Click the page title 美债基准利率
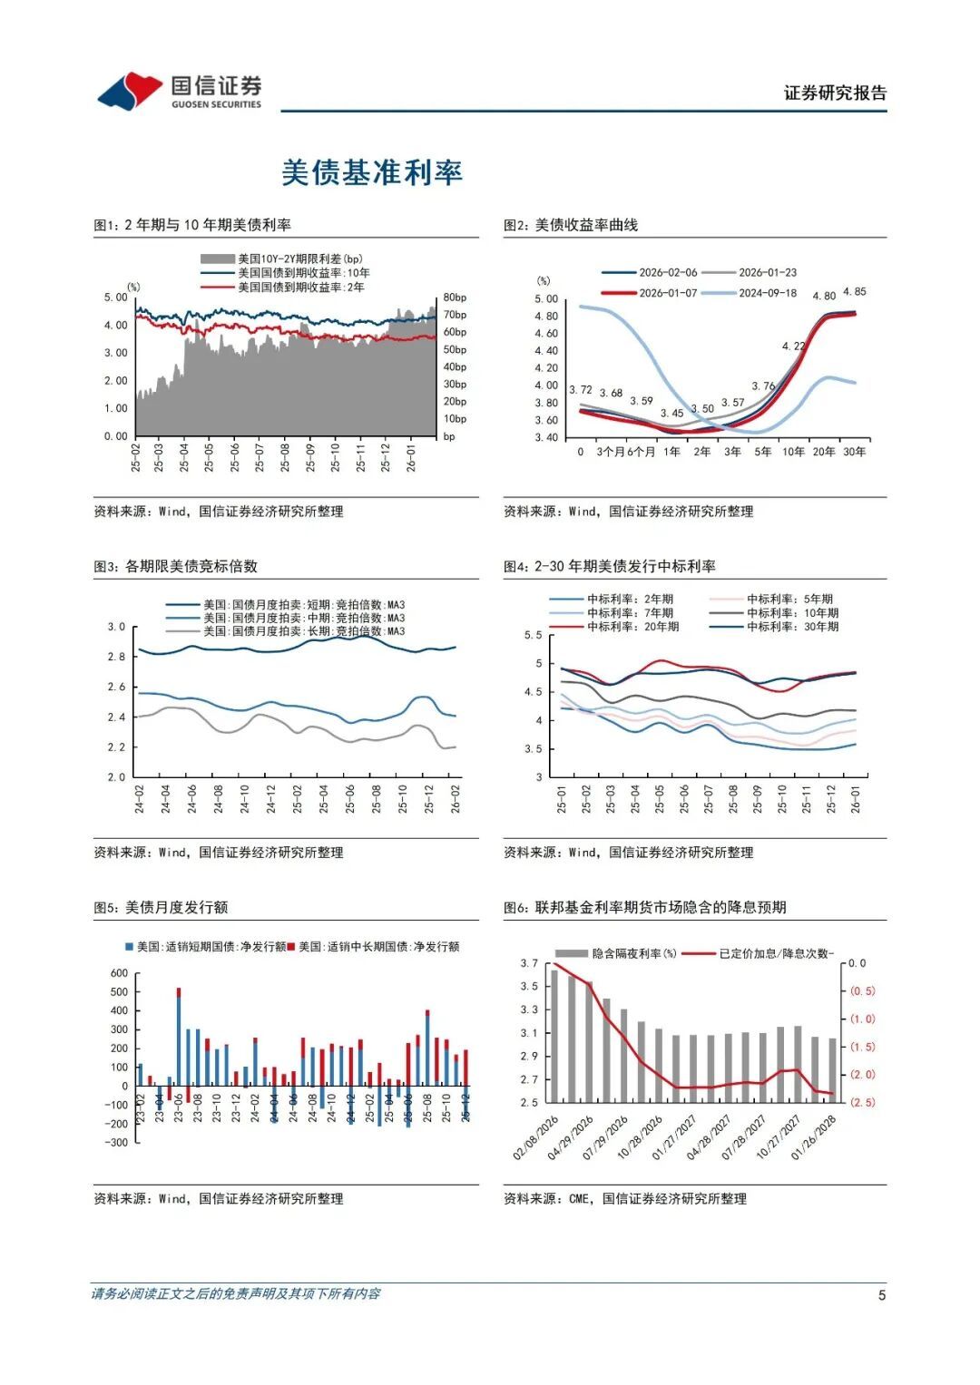point(372,172)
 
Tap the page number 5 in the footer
point(881,1295)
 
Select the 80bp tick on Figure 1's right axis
point(455,297)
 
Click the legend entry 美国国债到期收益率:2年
point(300,288)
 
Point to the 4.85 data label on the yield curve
point(854,292)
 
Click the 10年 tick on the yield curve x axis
point(793,452)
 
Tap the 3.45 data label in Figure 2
point(671,414)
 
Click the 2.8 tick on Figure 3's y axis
point(117,657)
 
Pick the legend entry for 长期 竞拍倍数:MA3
point(303,631)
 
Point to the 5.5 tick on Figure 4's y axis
point(534,635)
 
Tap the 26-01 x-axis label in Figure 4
point(856,799)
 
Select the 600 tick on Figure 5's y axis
point(119,973)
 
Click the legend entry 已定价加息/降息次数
point(776,953)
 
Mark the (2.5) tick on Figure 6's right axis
point(862,1102)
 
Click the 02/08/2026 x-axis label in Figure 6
point(535,1139)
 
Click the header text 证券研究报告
point(835,93)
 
